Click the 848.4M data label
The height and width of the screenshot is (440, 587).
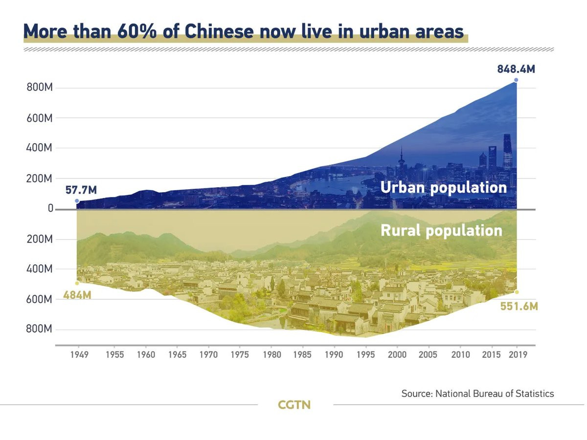click(x=516, y=69)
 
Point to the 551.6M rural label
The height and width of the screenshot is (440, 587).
click(x=519, y=307)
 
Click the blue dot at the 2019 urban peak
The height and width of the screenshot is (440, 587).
click(x=516, y=80)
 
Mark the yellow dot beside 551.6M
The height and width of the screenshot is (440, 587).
click(x=517, y=292)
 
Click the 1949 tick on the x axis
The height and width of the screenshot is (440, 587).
click(x=79, y=354)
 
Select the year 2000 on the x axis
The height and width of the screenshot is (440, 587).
click(x=397, y=354)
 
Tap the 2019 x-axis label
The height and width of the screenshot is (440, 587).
click(x=518, y=354)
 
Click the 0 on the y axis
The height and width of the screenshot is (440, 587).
click(x=50, y=208)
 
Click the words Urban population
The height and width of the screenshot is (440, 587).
click(x=443, y=187)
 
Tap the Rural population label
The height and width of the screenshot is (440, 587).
click(x=441, y=230)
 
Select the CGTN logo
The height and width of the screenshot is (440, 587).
click(x=294, y=405)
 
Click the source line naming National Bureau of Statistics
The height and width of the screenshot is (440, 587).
click(x=477, y=393)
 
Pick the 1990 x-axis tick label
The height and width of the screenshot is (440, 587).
click(x=334, y=354)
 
